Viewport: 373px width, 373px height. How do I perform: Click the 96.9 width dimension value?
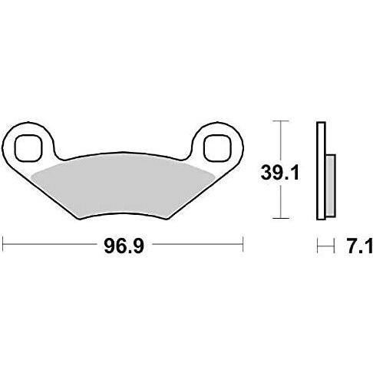tap(124, 246)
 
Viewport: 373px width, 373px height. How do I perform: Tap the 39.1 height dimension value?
tap(279, 173)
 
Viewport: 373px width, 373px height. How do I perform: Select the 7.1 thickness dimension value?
tap(360, 246)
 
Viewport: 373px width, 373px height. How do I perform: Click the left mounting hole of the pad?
tap(28, 148)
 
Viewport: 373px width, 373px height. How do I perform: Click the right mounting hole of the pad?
tap(217, 148)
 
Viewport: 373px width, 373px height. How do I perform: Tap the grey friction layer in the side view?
tap(331, 186)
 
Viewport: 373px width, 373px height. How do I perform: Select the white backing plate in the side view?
tap(321, 171)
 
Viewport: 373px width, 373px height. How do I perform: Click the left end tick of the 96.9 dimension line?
tap(3, 244)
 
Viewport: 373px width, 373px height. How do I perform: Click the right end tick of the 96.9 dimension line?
tap(243, 244)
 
